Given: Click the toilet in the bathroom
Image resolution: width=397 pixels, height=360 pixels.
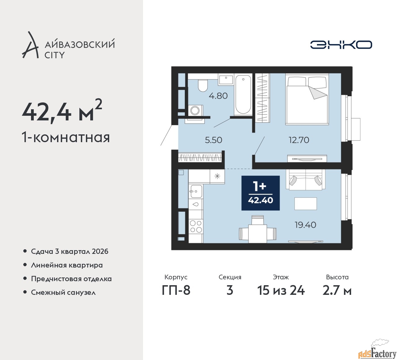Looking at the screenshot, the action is point(203,85).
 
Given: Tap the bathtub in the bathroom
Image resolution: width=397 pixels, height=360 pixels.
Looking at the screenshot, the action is point(243,94).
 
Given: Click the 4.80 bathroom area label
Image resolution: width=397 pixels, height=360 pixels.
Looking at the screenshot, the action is point(218,96).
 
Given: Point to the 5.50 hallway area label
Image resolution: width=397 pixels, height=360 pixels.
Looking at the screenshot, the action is point(213,140).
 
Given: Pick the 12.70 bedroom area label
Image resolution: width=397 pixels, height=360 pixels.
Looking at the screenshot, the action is point(299,140).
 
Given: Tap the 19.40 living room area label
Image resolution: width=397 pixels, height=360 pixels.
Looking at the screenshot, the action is point(306,225).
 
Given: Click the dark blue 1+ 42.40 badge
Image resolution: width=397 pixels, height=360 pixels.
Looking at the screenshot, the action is point(261,193).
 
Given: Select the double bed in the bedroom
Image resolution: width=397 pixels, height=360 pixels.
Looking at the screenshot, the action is point(307,99).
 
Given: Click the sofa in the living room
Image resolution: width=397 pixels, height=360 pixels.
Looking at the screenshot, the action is point(306,180).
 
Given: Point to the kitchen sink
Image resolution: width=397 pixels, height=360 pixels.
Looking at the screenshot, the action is point(196,191).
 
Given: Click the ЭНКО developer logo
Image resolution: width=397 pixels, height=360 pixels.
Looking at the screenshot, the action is point(341,45).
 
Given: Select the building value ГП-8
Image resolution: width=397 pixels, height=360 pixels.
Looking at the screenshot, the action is point(176,290).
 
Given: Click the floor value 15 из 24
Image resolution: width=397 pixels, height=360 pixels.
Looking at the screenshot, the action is point(281,290).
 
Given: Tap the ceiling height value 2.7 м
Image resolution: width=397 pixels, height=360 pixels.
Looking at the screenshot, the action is point(337,290).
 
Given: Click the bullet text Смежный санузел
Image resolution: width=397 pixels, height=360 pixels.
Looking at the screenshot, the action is point(63,292).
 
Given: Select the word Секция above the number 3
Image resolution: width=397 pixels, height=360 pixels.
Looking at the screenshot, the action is point(230,277).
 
